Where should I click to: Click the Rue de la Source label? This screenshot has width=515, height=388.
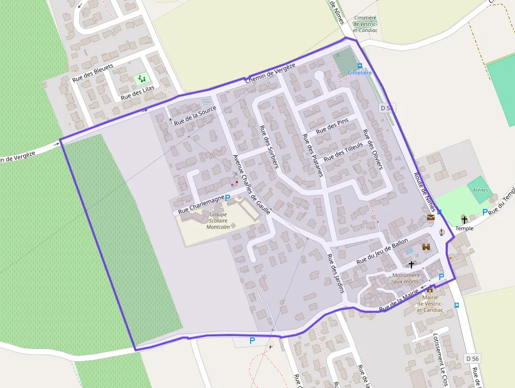[x=195, y=116]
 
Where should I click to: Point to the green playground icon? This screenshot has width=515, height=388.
[x=141, y=79]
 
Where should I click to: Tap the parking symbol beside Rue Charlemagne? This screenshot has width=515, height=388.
[x=228, y=198]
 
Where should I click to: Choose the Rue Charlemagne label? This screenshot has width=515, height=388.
[x=201, y=204]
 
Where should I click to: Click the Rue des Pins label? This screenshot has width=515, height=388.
[x=332, y=126]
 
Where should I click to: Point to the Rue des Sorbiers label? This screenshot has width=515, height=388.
[x=269, y=146]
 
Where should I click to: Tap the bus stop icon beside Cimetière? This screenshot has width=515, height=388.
[x=360, y=66]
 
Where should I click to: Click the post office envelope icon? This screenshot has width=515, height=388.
[x=431, y=217]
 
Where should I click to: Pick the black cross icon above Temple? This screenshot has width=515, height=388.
[x=464, y=219]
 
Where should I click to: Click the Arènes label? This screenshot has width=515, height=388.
[x=480, y=190]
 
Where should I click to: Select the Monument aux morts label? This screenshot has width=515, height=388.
[x=406, y=278]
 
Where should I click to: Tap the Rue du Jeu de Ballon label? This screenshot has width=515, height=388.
[x=382, y=251]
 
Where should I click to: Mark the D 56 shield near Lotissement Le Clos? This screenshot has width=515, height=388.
[x=472, y=359]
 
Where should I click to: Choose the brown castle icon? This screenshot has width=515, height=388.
[x=426, y=246]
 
